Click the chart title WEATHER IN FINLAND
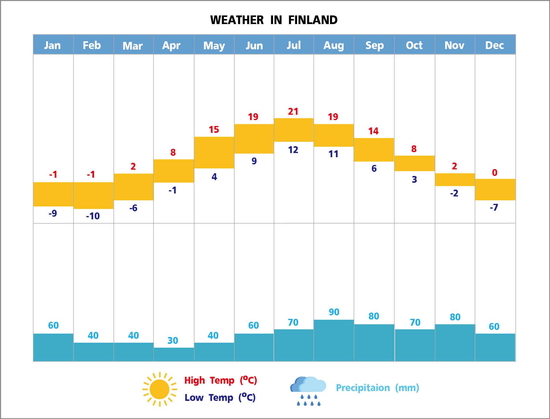(274, 20)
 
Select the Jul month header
(294, 45)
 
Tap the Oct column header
(414, 45)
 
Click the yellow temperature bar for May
(214, 152)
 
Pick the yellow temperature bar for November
(455, 179)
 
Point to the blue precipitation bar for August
(334, 340)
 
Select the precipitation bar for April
(174, 354)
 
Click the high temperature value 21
(293, 111)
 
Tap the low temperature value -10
(93, 216)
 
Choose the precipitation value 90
(334, 312)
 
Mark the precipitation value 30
(173, 341)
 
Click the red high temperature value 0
(494, 173)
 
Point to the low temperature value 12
(293, 150)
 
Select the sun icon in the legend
(160, 389)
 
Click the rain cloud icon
(308, 390)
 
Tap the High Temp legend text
(220, 380)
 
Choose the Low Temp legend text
(220, 398)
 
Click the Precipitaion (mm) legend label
(377, 388)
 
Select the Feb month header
(92, 45)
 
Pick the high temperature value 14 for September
(373, 131)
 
